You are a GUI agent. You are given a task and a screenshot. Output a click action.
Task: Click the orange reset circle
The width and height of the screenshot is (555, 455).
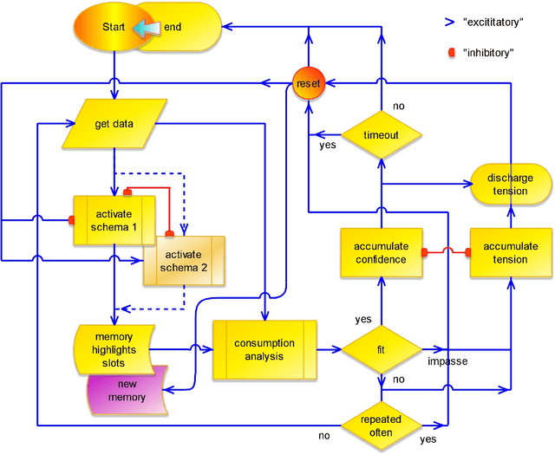[x=308, y=83]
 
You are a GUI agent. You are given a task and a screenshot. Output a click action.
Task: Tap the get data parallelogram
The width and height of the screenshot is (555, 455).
[x=114, y=123]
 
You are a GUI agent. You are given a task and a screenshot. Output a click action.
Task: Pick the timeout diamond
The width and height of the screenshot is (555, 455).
[x=381, y=135]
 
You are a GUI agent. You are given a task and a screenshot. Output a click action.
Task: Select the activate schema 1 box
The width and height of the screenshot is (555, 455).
[x=114, y=220]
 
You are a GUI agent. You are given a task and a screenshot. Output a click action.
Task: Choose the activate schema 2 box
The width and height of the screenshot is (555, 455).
[x=184, y=260]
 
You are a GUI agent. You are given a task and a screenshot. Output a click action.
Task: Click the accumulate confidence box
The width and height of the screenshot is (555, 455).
[x=381, y=253]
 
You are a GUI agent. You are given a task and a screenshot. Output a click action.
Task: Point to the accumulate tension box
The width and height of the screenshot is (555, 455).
[x=510, y=253]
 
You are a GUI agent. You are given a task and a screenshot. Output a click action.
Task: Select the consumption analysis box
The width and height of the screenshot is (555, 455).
[x=264, y=349]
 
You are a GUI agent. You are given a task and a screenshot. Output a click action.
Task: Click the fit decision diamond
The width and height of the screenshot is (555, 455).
[x=381, y=350]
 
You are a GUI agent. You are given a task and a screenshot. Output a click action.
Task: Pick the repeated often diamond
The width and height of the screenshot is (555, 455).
[x=381, y=425]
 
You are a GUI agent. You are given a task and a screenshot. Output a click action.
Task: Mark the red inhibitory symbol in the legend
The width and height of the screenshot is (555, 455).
[x=452, y=52]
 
